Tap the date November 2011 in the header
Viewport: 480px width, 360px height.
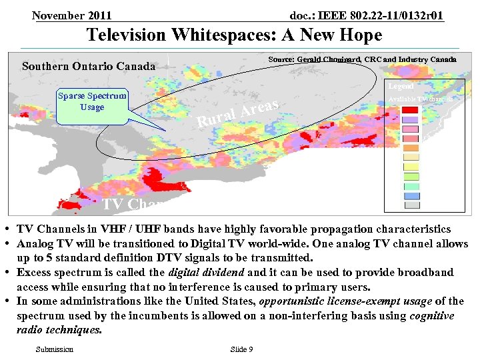tap(71, 15)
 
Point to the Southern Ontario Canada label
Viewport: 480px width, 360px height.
tap(89, 66)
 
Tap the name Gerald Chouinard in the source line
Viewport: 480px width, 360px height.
tap(329, 60)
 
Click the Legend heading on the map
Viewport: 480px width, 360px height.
tap(401, 86)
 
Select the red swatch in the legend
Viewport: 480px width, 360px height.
tap(411, 110)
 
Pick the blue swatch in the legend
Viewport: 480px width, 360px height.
tap(411, 196)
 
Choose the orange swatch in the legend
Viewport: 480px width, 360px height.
tap(411, 148)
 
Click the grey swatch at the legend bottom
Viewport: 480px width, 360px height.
tap(411, 205)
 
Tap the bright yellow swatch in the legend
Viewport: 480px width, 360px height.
tap(411, 167)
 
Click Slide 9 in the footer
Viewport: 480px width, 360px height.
tap(241, 349)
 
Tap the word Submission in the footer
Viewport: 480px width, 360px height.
tap(55, 349)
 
